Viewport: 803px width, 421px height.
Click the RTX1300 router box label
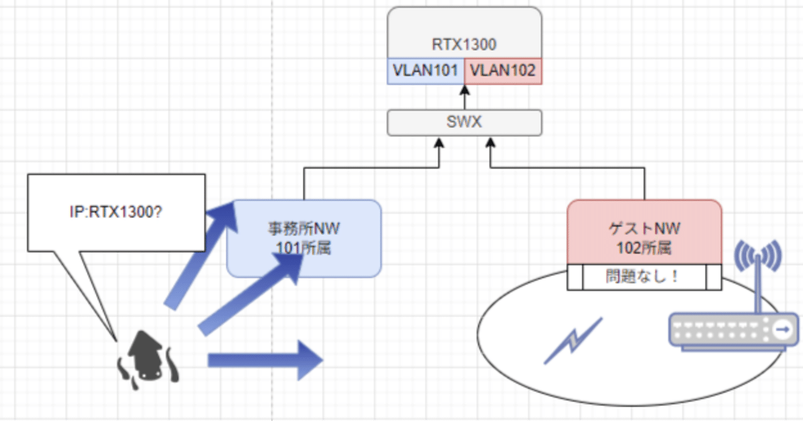point(464,45)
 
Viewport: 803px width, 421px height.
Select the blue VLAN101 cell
point(425,70)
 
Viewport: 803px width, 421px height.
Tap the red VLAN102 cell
point(503,70)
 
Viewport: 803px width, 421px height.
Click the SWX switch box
point(464,122)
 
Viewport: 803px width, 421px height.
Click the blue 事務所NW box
point(304,238)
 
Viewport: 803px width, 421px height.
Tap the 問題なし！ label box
point(644,276)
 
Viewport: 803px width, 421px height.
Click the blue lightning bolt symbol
point(572,340)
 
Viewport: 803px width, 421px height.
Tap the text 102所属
point(644,248)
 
